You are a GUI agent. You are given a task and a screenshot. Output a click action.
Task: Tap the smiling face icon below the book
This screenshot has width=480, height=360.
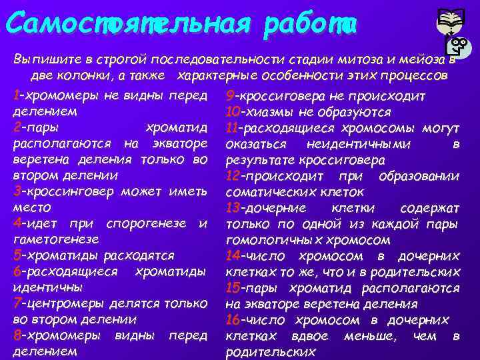[459, 47]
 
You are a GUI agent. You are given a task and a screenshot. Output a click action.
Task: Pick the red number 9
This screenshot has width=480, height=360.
[230, 95]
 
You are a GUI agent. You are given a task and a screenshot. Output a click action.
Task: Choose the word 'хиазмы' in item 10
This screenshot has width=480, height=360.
[269, 111]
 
